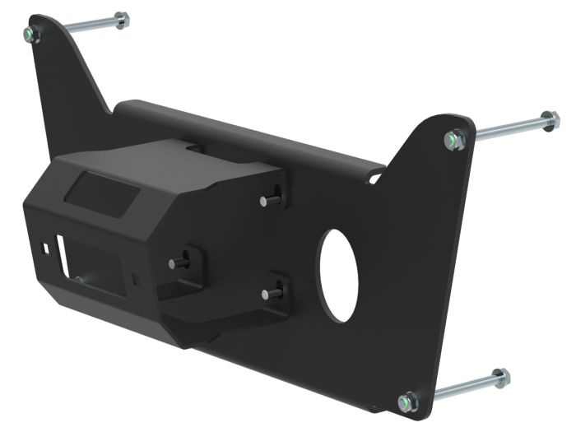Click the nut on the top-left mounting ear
(x=31, y=34)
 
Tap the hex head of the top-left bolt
(x=121, y=19)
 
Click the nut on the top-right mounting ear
(x=453, y=139)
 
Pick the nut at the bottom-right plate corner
(x=406, y=402)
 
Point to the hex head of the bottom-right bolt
(x=499, y=379)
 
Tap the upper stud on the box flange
(x=268, y=200)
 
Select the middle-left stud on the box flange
(x=176, y=262)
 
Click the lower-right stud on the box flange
(x=269, y=293)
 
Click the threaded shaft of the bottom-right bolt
(x=457, y=390)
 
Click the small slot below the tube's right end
(x=376, y=175)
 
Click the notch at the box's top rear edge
(x=193, y=147)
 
